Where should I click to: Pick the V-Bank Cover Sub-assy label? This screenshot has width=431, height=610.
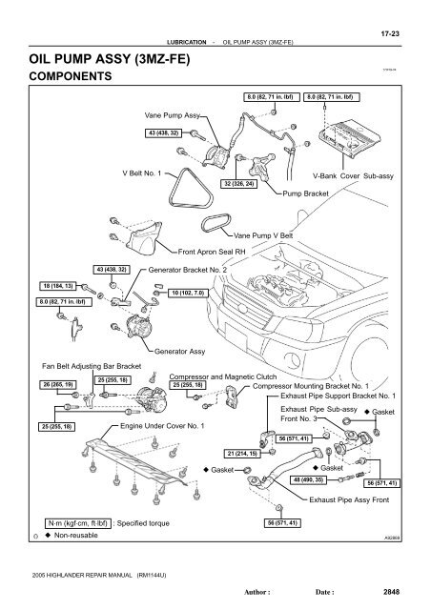(356, 177)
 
